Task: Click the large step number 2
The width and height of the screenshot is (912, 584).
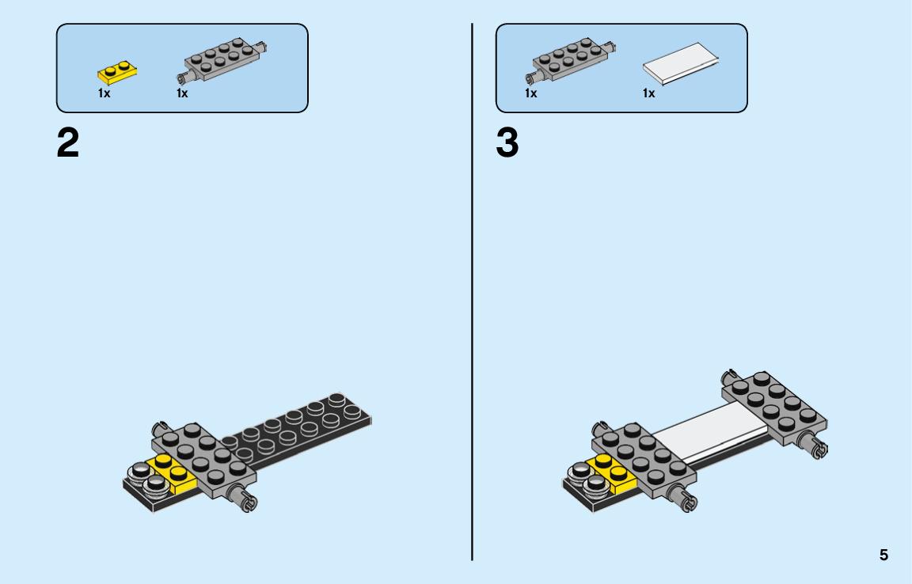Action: [x=67, y=143]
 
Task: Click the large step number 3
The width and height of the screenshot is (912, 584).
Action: [x=507, y=143]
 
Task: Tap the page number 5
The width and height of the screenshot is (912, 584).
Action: [x=883, y=555]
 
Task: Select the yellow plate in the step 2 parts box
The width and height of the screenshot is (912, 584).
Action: [x=117, y=73]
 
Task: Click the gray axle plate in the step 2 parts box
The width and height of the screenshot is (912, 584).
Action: [x=222, y=59]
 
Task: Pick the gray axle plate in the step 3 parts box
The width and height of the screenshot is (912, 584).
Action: [x=571, y=59]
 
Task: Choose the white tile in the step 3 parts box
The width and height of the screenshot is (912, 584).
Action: [x=681, y=64]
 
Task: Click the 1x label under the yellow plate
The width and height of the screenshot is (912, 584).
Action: [x=104, y=93]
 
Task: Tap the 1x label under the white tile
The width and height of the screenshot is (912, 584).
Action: [x=648, y=93]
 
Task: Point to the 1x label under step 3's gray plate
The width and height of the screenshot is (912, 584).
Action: [x=530, y=93]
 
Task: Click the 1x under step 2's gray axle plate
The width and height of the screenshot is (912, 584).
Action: [x=182, y=93]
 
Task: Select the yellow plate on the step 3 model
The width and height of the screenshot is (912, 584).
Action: [x=612, y=474]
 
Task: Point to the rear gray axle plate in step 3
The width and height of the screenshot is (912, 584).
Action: [x=773, y=408]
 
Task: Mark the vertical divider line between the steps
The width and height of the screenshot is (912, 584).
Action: [x=472, y=292]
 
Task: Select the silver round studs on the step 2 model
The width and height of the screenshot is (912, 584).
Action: [x=146, y=478]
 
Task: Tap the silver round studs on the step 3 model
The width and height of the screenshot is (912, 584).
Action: [x=586, y=478]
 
